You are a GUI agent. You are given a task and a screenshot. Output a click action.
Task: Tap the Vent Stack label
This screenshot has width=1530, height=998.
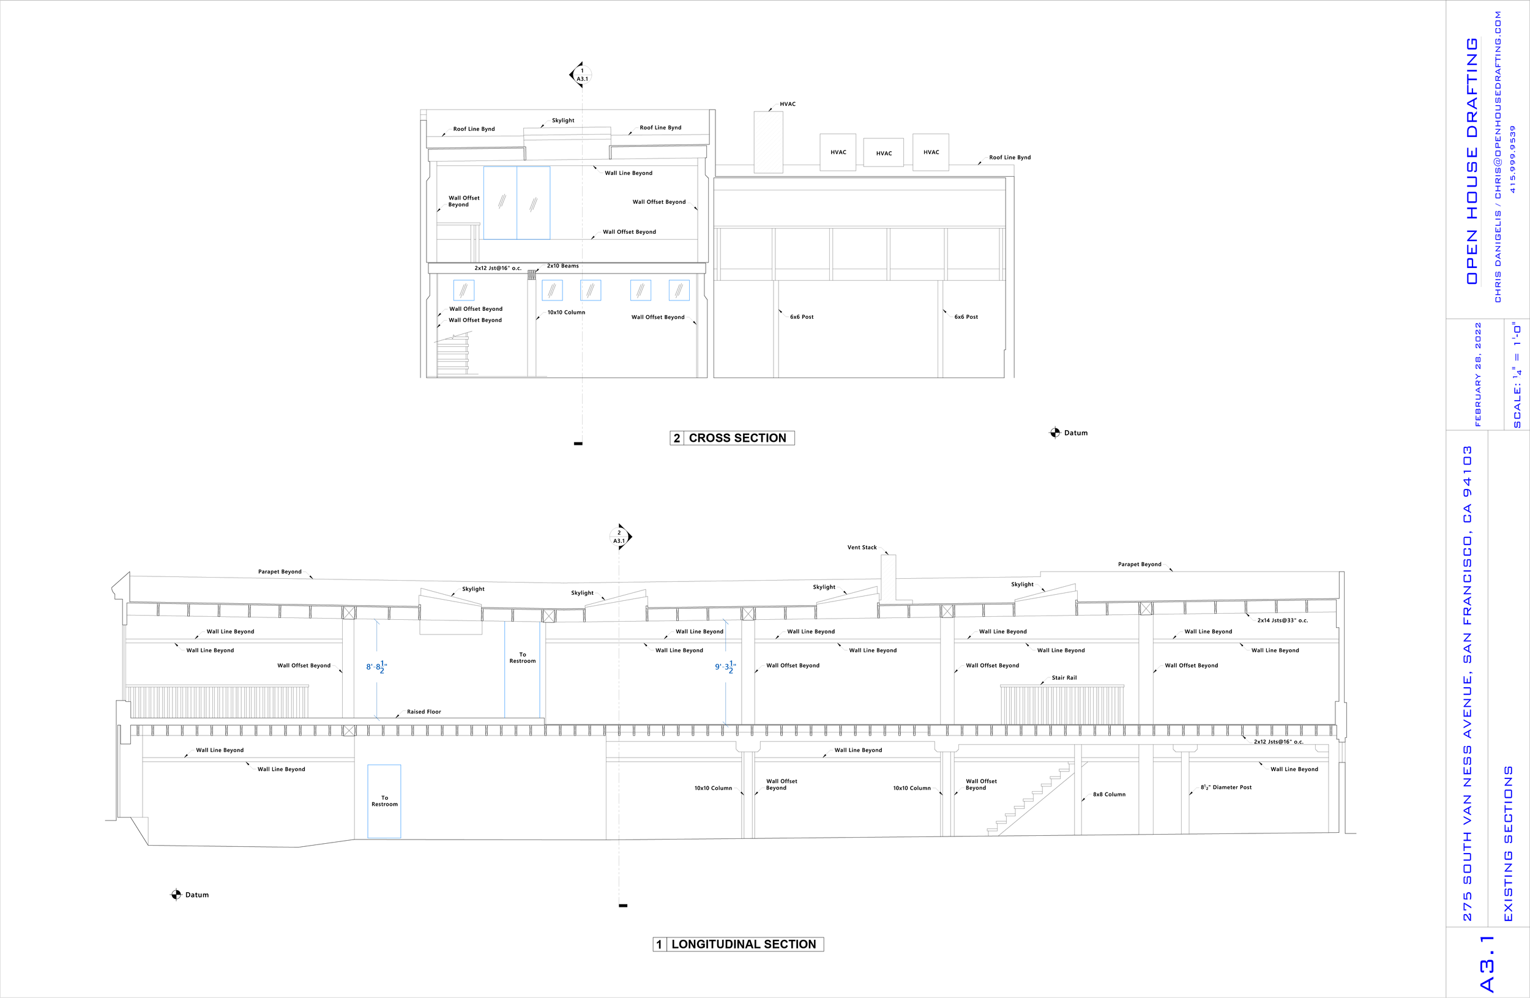tap(862, 548)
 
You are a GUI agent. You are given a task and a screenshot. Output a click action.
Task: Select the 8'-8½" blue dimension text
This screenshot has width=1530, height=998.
tap(376, 667)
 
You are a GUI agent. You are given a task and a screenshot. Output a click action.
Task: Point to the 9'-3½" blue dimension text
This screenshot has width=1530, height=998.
tap(725, 667)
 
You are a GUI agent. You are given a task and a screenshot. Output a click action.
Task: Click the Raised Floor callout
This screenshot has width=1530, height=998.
tap(424, 712)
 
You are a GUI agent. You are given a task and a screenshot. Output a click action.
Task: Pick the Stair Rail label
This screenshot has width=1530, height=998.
tap(1064, 678)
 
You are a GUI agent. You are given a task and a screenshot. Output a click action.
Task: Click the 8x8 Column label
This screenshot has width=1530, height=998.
tap(1109, 794)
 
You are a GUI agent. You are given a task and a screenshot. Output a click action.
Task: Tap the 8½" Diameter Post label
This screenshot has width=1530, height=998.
tap(1226, 788)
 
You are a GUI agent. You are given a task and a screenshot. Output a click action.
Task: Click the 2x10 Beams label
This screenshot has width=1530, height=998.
tap(562, 266)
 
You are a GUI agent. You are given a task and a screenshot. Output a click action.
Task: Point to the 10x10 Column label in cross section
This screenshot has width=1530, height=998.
tap(565, 312)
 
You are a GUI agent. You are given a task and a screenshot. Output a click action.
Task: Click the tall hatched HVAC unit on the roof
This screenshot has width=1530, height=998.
tap(768, 142)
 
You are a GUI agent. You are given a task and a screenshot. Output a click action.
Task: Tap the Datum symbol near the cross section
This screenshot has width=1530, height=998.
tap(1055, 433)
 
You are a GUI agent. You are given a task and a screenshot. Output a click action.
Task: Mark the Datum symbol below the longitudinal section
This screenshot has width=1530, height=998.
tap(176, 895)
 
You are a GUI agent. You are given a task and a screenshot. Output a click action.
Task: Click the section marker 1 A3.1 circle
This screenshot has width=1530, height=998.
tap(582, 75)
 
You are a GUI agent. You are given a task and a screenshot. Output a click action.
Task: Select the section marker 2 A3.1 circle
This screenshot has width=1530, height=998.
tap(619, 537)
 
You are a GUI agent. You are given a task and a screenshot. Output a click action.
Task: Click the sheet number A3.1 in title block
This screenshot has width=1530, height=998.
tap(1487, 963)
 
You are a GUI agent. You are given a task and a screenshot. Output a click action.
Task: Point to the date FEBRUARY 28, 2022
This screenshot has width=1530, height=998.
tap(1477, 374)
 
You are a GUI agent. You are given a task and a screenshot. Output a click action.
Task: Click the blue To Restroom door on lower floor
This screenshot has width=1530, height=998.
tap(384, 802)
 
